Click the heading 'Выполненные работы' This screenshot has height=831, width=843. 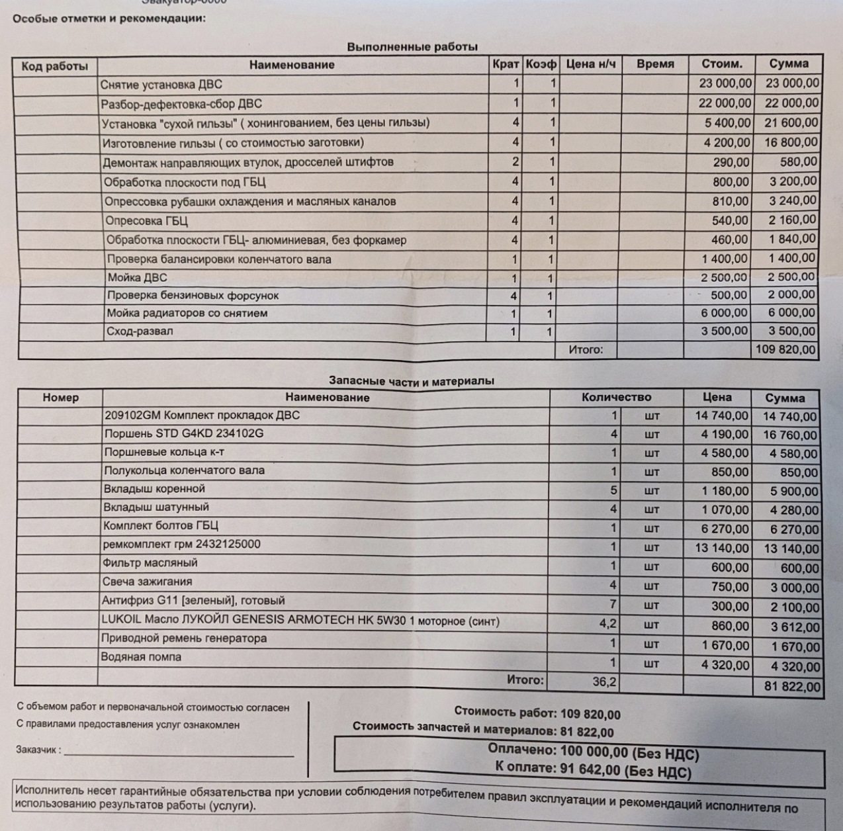(412, 47)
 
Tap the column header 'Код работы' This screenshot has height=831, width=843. (54, 66)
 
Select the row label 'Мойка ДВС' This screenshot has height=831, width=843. (137, 278)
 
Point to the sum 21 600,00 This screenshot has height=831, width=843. (791, 122)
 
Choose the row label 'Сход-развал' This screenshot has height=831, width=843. (140, 331)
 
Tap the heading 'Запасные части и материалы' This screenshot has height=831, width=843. (411, 381)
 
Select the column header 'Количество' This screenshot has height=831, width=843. (616, 398)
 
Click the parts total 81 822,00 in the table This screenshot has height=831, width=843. (791, 687)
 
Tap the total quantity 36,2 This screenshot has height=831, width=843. (604, 681)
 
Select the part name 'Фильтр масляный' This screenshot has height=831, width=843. (150, 563)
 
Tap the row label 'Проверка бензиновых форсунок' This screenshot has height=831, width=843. (193, 296)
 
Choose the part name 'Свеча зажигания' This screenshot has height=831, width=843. (147, 582)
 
